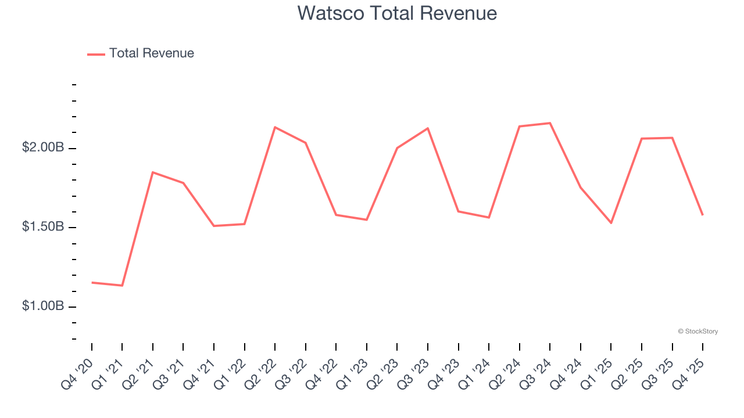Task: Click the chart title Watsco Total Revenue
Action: (x=397, y=13)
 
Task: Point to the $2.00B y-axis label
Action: (x=43, y=147)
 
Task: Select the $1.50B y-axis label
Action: (x=43, y=227)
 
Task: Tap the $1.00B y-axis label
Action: (x=43, y=306)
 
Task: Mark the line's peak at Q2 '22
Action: (x=275, y=127)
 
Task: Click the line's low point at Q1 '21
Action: (x=122, y=286)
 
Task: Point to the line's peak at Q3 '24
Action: (x=550, y=123)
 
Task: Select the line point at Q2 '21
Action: (x=153, y=172)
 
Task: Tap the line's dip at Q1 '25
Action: (x=611, y=223)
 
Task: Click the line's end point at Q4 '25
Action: (x=703, y=215)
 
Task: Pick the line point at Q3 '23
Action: (x=428, y=128)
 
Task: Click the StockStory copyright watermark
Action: (x=697, y=331)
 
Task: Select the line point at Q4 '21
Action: (x=214, y=226)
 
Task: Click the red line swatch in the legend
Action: (x=96, y=54)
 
